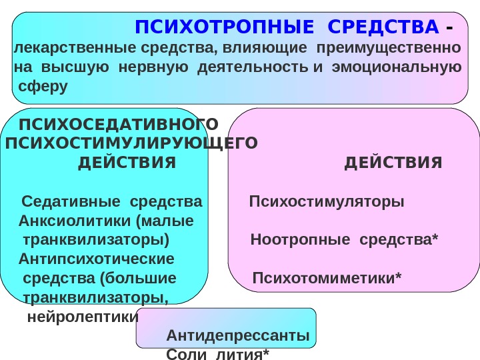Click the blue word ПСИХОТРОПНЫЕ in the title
pos(223,28)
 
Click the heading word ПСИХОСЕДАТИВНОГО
pos(119,125)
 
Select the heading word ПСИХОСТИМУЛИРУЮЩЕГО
pos(131,143)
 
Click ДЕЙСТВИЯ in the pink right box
pos(393,163)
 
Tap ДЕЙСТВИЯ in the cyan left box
pos(127,163)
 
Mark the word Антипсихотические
pos(97,258)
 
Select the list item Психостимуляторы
pos(327,201)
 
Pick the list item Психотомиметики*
pos(327,277)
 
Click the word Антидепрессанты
pos(237,335)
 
